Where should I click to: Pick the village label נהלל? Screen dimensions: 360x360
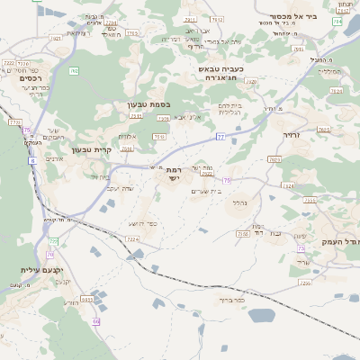[x=240, y=202]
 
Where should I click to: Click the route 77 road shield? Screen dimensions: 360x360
[x=220, y=137]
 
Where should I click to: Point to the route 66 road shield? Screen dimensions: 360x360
[x=95, y=321]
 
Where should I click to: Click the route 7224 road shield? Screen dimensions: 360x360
[x=132, y=238]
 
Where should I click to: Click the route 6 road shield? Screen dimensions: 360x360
[x=32, y=160]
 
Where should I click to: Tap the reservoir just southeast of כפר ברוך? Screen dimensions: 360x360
[x=260, y=316]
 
